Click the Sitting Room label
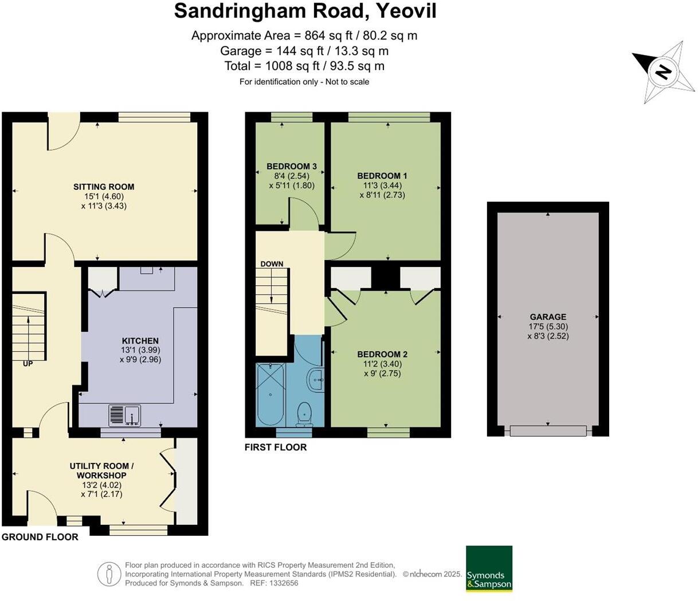[104, 187]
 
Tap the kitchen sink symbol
[125, 415]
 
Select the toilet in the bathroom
[304, 414]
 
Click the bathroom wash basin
[316, 380]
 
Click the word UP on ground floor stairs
[28, 364]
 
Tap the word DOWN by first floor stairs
[272, 264]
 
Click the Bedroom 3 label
[291, 167]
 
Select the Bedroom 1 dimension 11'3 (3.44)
[382, 186]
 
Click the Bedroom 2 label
[382, 355]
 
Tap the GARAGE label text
[548, 317]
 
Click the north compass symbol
[664, 72]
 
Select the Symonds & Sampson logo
[489, 568]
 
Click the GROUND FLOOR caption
[40, 537]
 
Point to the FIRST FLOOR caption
[276, 447]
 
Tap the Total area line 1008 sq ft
[304, 66]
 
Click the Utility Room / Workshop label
[101, 470]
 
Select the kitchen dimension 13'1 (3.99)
[140, 350]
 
